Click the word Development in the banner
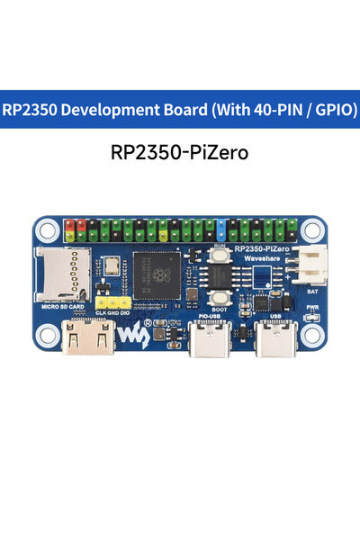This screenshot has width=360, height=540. point(104,110)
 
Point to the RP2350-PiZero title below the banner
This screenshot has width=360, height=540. point(180,152)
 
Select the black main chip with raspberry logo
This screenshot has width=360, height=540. point(159,274)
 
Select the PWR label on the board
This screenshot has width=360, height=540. point(312,308)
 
